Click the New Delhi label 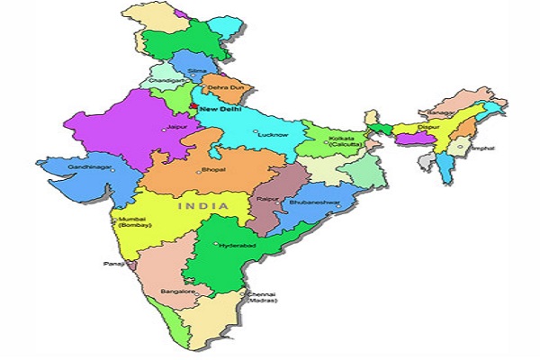click(x=220, y=109)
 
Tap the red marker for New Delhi click(x=193, y=107)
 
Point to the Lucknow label click(x=274, y=134)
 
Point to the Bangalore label click(x=178, y=292)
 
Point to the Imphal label click(x=481, y=147)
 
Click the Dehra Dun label click(x=225, y=88)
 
